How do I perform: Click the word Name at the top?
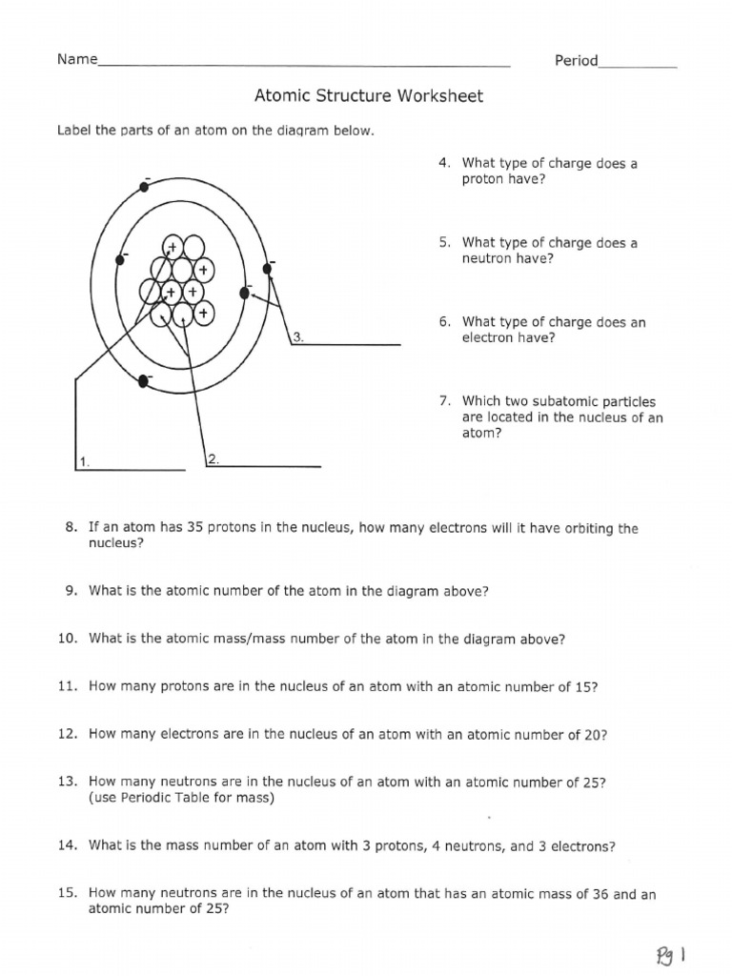[x=77, y=60]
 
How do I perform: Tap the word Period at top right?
[x=576, y=61]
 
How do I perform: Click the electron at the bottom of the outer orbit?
[x=144, y=380]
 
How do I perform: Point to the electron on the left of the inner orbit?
[x=120, y=257]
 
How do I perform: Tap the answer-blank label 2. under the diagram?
[x=213, y=459]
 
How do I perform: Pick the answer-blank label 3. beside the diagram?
[x=297, y=336]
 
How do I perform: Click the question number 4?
[x=444, y=163]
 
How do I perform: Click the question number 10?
[x=67, y=640]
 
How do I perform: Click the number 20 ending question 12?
[x=593, y=735]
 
